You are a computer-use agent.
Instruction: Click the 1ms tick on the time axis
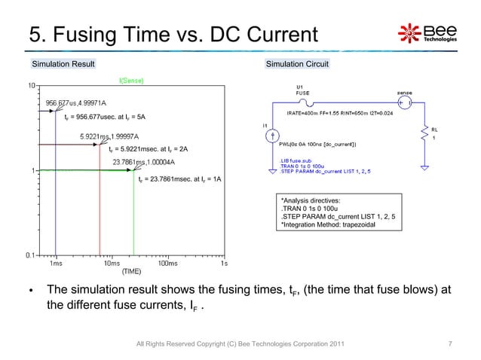[x=56, y=264]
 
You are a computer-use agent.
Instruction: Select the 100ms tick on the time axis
[x=167, y=264]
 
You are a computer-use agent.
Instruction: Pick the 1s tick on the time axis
[x=223, y=264]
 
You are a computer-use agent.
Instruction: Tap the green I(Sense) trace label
[x=133, y=80]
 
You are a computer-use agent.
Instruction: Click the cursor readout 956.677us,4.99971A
[x=76, y=102]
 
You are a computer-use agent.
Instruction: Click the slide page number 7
[x=450, y=344]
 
